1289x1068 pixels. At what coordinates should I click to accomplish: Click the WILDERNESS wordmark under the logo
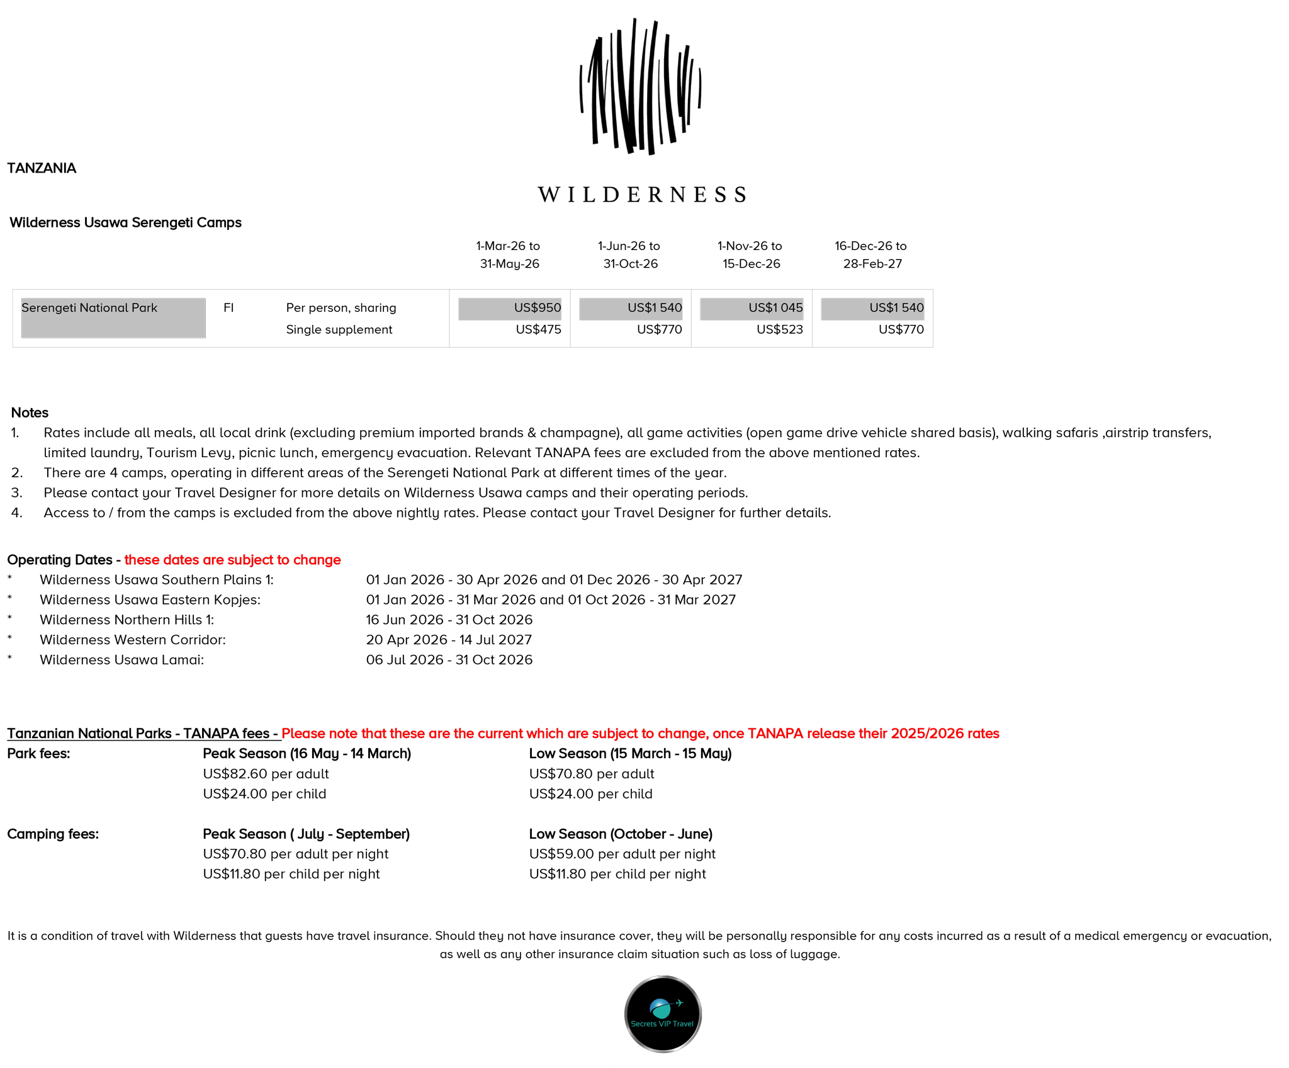pos(642,195)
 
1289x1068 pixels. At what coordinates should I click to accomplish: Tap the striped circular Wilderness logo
pos(641,87)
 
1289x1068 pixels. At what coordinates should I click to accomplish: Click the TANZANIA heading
pos(42,168)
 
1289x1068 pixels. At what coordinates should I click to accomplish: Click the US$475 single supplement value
pos(538,329)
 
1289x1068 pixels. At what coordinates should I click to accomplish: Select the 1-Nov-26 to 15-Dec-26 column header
pos(750,254)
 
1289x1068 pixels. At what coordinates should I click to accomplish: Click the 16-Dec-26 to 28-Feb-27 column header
pos(871,254)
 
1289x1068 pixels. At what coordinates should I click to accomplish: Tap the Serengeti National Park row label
pos(89,308)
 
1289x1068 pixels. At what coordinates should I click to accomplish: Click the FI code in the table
pos(228,308)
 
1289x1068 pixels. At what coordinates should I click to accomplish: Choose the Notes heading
pos(30,412)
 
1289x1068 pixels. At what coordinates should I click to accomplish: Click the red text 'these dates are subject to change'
pos(232,560)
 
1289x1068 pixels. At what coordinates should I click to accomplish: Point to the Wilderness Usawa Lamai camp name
pos(121,660)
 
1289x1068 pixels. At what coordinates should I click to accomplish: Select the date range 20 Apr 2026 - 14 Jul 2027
pos(449,640)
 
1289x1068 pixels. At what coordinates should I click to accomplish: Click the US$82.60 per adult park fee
pos(266,774)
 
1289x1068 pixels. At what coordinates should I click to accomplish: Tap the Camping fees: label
pos(53,834)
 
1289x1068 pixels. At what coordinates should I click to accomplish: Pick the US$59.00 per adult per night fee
pos(622,854)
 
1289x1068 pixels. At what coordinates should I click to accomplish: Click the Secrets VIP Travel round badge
pos(663,1014)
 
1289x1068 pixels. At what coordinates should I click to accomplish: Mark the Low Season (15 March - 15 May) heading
pos(630,754)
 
